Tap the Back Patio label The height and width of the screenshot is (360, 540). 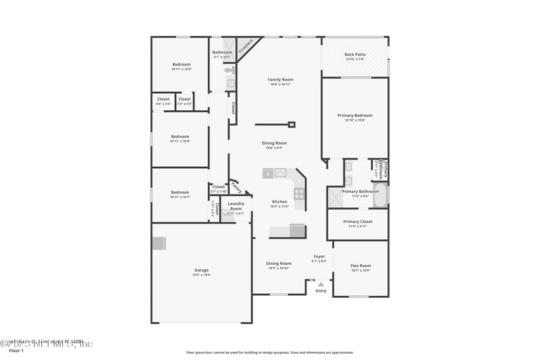point(354,55)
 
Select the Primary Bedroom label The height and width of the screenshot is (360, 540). point(354,115)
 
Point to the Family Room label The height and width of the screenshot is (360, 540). point(280,80)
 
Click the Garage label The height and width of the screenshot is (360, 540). point(202,270)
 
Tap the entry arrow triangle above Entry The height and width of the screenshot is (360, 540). point(321,284)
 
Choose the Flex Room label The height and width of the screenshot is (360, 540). point(360,265)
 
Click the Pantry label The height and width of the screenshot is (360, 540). point(236,186)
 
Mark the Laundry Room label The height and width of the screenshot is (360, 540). point(236,205)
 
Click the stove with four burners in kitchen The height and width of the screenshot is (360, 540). point(299,194)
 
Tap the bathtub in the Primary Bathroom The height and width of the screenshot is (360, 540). point(379,197)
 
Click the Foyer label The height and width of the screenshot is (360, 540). point(319,257)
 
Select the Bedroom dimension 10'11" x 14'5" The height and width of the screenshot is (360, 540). point(182,69)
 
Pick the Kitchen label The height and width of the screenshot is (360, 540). point(279,201)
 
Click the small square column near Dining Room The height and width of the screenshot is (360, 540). point(292,124)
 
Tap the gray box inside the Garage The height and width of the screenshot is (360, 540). point(159,243)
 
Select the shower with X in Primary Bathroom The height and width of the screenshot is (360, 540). point(335,197)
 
